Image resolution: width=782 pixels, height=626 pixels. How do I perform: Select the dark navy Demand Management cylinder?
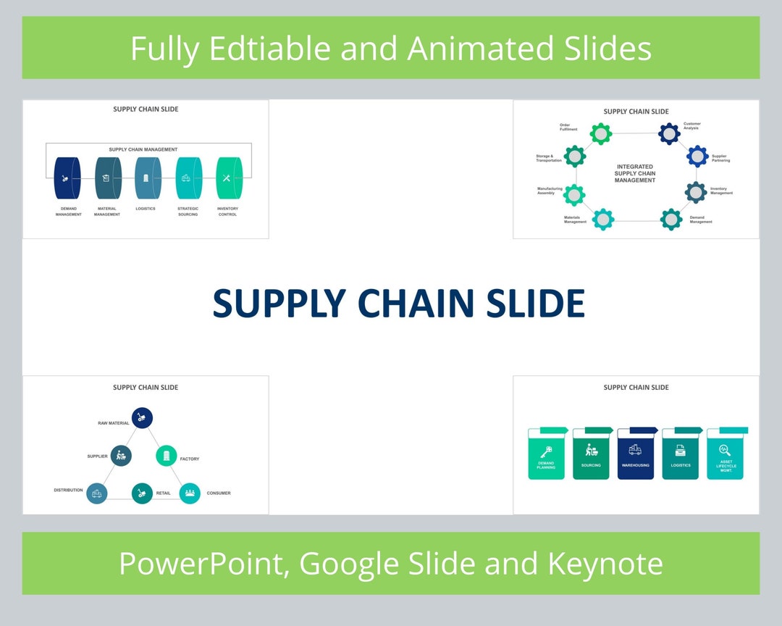pyautogui.click(x=66, y=178)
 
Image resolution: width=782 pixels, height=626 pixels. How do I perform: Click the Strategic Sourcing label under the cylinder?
pyautogui.click(x=188, y=212)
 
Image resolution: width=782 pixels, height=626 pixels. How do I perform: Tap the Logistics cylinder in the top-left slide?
pyautogui.click(x=147, y=178)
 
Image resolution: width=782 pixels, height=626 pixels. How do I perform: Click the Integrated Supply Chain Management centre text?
pyautogui.click(x=635, y=173)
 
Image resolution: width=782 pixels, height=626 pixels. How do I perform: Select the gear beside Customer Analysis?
pyautogui.click(x=669, y=133)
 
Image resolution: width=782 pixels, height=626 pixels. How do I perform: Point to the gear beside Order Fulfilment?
pyautogui.click(x=600, y=133)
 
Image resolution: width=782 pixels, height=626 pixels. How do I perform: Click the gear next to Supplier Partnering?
pyautogui.click(x=697, y=156)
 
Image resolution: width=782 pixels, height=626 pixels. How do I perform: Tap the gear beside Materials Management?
pyautogui.click(x=602, y=219)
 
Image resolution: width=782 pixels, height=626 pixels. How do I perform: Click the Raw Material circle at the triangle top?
pyautogui.click(x=143, y=417)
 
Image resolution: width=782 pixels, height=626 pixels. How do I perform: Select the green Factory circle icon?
pyautogui.click(x=167, y=456)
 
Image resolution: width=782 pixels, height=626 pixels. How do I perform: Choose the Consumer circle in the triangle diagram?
pyautogui.click(x=190, y=493)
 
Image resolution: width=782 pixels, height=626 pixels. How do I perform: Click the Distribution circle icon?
pyautogui.click(x=96, y=493)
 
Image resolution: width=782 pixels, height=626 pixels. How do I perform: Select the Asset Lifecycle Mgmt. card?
pyautogui.click(x=726, y=456)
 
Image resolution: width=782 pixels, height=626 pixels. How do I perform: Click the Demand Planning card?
pyautogui.click(x=547, y=456)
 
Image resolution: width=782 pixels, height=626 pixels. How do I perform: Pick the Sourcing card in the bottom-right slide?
pyautogui.click(x=591, y=456)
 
